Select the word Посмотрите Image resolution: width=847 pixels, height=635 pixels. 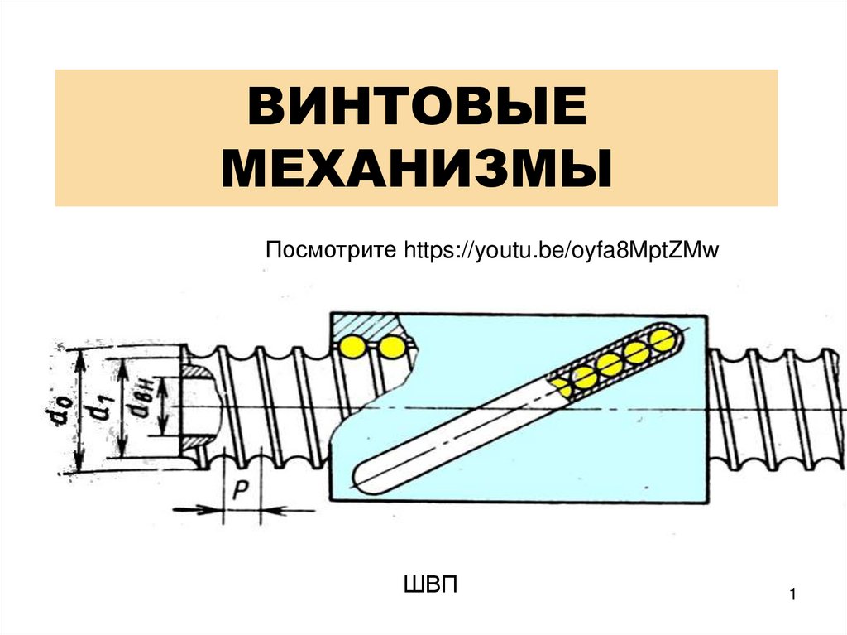pyautogui.click(x=332, y=250)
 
